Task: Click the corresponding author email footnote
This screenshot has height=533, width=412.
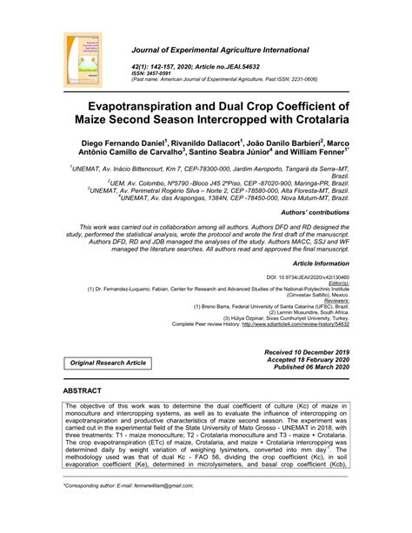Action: click(x=122, y=512)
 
